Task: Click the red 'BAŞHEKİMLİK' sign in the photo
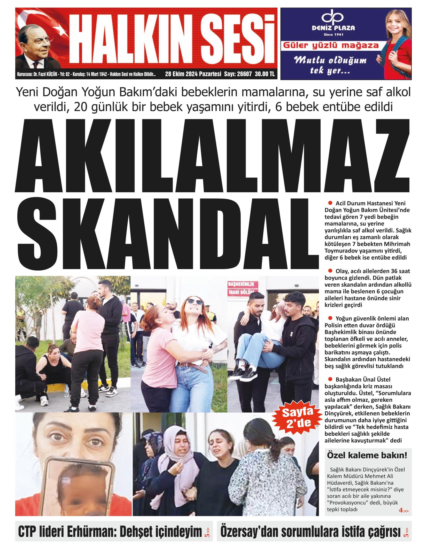tap(242, 284)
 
